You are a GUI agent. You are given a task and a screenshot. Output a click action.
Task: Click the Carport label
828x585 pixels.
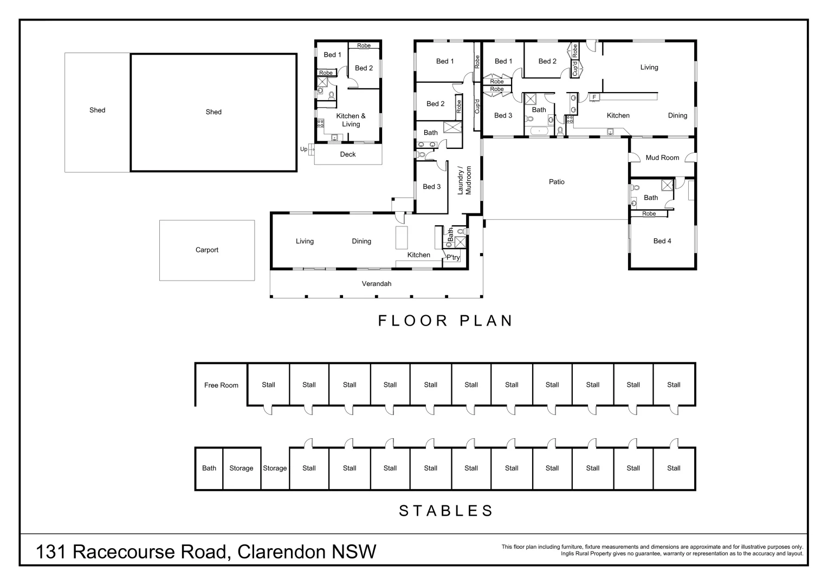pos(206,250)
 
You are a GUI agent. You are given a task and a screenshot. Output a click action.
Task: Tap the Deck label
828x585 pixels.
pos(348,154)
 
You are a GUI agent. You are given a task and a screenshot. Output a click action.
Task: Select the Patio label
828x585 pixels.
pos(557,182)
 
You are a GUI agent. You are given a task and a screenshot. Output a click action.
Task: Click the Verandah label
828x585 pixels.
pos(377,284)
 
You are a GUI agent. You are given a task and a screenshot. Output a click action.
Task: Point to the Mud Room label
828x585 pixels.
pos(662,158)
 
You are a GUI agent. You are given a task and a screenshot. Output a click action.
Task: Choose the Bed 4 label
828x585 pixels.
pos(662,241)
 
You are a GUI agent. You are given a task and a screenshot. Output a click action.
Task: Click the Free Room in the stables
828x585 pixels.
pos(221,385)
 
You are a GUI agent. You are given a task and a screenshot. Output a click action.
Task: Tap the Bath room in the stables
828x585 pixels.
pos(209,469)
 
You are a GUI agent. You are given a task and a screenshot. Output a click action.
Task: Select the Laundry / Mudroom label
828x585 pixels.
pos(465,180)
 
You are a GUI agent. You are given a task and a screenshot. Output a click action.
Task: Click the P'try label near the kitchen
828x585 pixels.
pos(453,258)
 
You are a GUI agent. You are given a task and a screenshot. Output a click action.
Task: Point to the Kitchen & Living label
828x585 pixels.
pos(351,120)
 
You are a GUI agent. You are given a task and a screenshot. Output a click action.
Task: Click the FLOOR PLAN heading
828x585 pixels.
pos(445,321)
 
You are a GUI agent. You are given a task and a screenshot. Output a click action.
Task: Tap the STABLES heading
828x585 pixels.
pos(446,511)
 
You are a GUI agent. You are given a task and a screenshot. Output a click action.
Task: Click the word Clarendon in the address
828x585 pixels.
pos(282,552)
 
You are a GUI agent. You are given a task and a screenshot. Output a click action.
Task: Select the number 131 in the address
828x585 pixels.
pos(51,552)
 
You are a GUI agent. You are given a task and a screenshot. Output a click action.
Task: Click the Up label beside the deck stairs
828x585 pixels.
pos(303,149)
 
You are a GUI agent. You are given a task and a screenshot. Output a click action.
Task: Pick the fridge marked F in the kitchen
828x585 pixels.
pos(594,97)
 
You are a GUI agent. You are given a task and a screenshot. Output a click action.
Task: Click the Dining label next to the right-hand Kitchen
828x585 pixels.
pos(677,115)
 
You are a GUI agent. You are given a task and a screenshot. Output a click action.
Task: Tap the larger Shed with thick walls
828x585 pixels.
pos(214,112)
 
